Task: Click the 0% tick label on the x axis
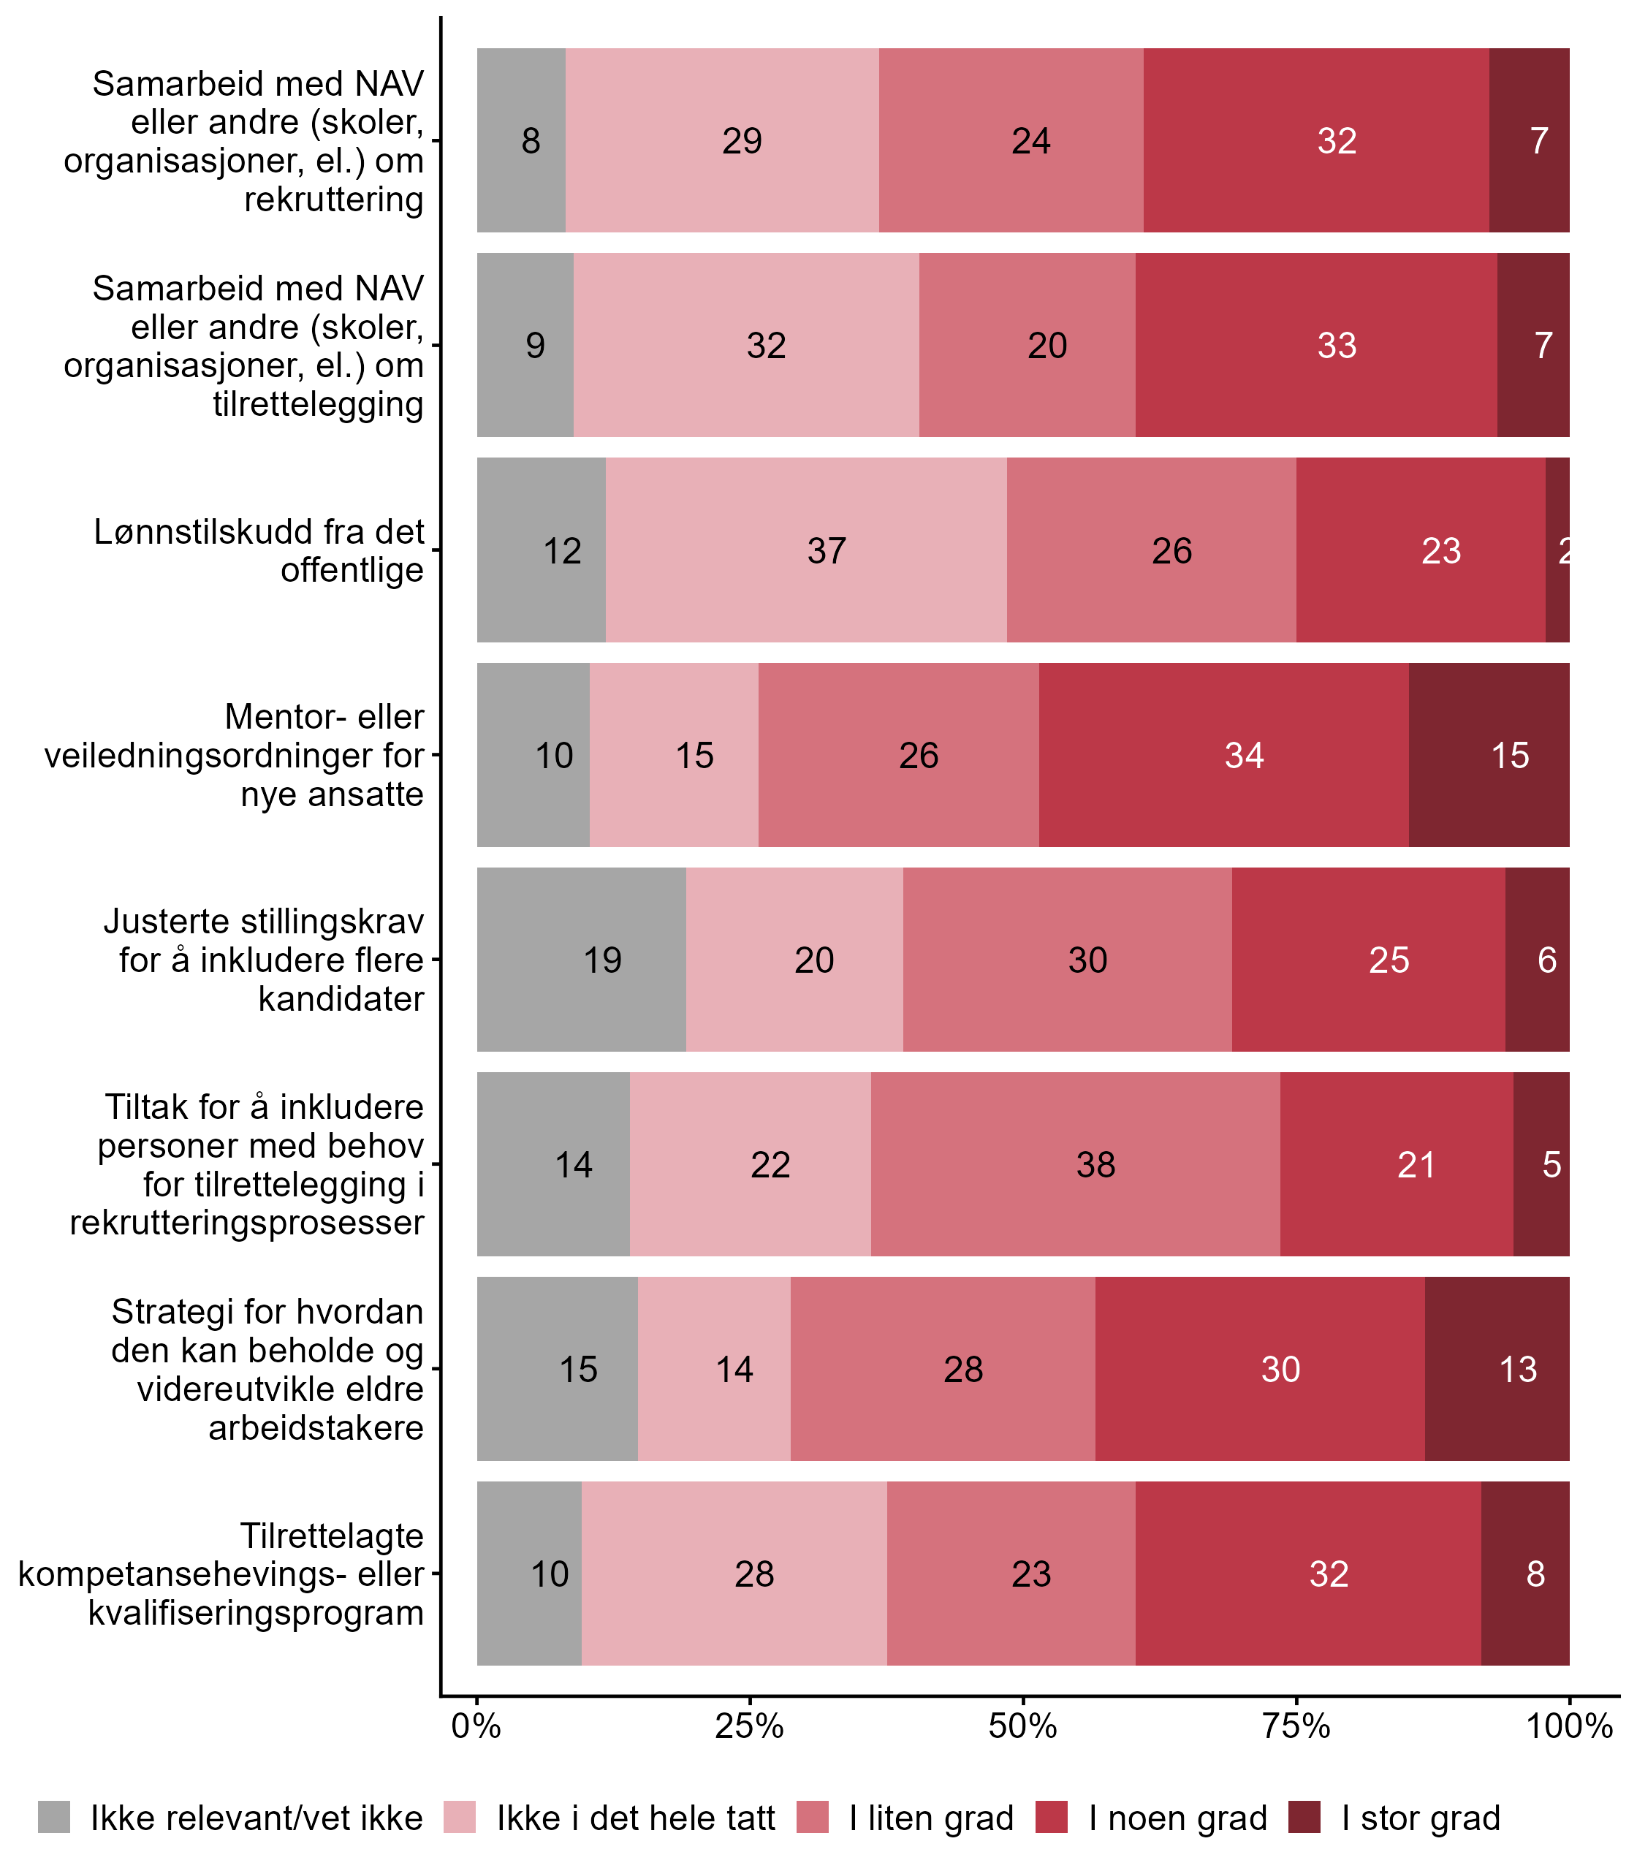pos(476,1726)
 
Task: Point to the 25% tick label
pos(749,1726)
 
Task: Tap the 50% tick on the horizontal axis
pos(1022,1726)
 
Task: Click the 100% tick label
pos(1568,1726)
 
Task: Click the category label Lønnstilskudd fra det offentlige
pos(259,550)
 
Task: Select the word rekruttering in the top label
pos(333,199)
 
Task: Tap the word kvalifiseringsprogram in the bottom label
pos(256,1612)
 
